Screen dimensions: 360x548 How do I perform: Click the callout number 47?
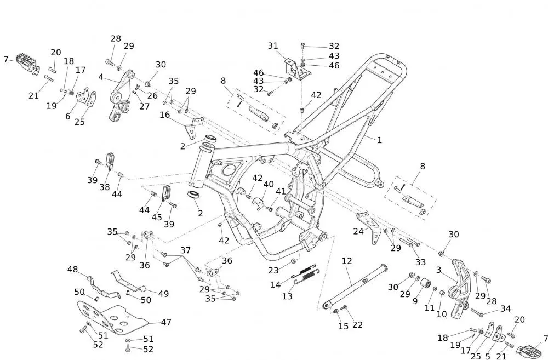(165, 322)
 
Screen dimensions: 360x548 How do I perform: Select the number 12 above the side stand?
(346, 261)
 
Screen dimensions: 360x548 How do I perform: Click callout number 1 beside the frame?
(379, 140)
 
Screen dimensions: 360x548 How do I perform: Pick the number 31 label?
(273, 46)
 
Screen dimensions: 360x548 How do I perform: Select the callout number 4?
(101, 77)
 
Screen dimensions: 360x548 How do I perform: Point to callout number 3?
(438, 270)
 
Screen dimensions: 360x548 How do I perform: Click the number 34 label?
(505, 309)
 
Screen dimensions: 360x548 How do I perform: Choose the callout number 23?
(273, 270)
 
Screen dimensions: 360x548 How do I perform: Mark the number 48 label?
(73, 269)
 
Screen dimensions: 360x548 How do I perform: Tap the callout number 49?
(163, 293)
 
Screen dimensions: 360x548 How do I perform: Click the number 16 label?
(165, 115)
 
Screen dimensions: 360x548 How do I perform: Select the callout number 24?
(358, 231)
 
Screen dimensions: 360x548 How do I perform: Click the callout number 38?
(105, 187)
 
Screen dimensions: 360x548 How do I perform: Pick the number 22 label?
(357, 325)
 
